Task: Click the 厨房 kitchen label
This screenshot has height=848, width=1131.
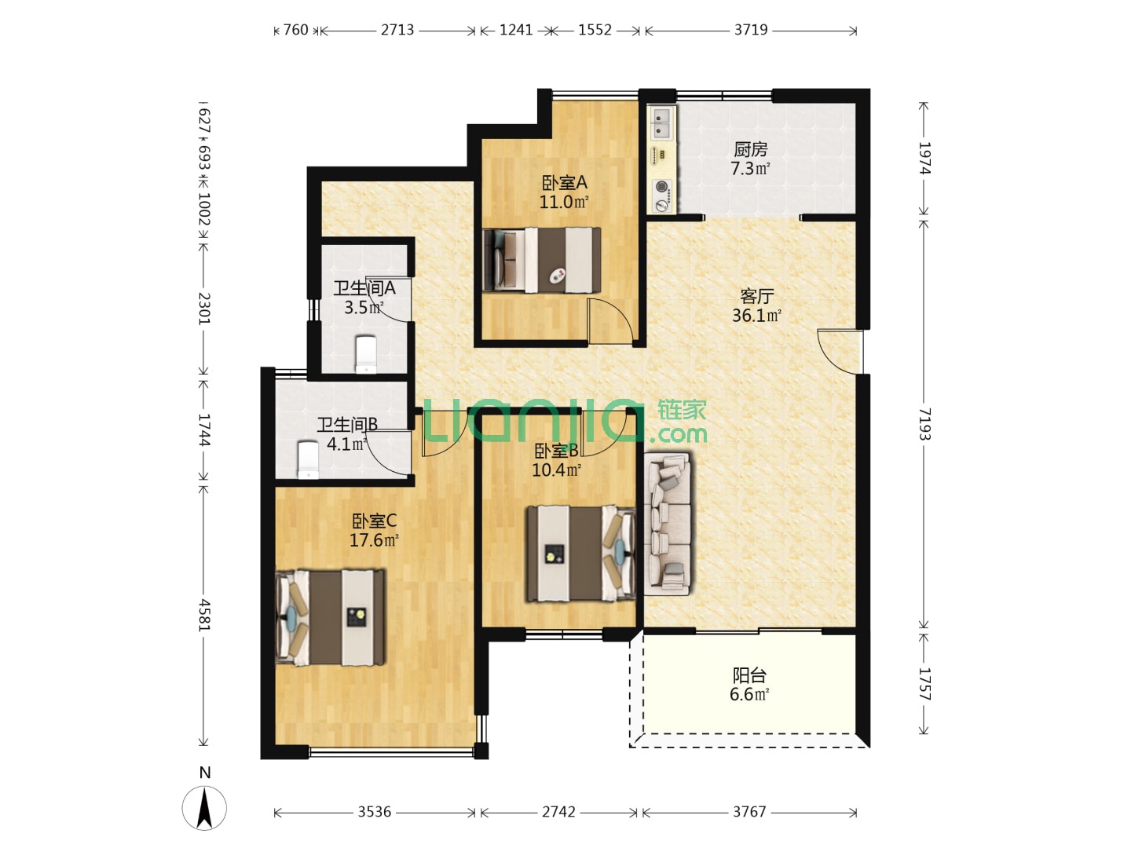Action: (750, 150)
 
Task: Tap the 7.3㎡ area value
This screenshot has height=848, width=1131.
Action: (750, 168)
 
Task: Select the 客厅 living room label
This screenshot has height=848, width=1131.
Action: (756, 296)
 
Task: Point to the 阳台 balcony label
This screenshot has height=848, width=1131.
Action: (750, 675)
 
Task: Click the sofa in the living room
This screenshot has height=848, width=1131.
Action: (668, 524)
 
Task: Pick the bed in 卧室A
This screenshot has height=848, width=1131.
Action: (542, 261)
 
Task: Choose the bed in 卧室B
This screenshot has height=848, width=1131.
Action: (580, 554)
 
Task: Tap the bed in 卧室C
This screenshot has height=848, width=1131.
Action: (331, 617)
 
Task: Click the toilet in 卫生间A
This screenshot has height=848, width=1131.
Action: (365, 354)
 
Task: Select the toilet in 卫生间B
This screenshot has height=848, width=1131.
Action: (308, 460)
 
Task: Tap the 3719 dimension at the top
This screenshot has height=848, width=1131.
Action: (751, 30)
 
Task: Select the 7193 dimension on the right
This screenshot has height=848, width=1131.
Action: (924, 424)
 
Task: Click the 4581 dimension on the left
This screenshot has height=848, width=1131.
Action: (204, 615)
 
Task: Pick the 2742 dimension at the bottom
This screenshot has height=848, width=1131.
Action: (558, 812)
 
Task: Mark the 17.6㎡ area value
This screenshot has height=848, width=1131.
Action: (374, 540)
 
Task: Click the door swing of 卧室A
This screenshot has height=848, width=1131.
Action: (610, 321)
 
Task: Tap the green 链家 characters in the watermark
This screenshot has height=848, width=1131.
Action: (682, 411)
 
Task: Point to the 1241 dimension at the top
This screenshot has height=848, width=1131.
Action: (516, 30)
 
